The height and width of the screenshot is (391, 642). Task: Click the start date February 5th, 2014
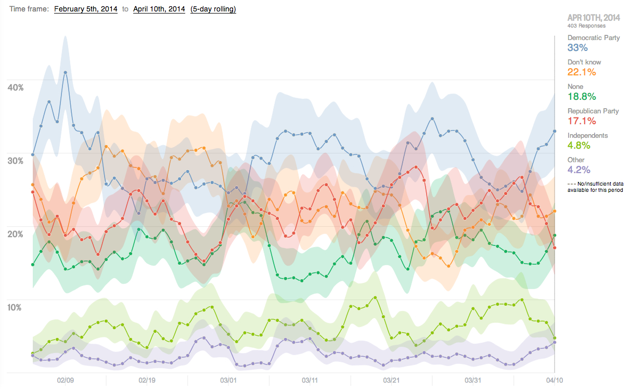[86, 9]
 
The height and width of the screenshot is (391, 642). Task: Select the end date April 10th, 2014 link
[159, 9]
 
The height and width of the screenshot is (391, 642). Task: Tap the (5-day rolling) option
[213, 9]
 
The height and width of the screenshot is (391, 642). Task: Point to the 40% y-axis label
[16, 87]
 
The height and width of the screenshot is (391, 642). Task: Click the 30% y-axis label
[16, 161]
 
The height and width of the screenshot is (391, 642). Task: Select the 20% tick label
[16, 234]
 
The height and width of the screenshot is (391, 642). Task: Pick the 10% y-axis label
[16, 307]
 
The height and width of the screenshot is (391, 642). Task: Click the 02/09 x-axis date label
[65, 380]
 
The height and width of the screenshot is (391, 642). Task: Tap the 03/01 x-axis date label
[229, 380]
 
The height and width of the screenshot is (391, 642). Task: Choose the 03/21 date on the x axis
[391, 380]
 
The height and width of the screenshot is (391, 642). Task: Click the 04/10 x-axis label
[554, 380]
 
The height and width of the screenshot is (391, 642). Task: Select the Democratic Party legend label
[594, 38]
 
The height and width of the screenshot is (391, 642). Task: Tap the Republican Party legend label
[593, 111]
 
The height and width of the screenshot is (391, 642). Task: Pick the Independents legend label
[587, 136]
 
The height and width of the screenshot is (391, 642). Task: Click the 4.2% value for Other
[578, 170]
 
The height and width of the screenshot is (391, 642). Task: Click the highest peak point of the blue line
[65, 73]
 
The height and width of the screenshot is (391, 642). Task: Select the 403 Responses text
[586, 25]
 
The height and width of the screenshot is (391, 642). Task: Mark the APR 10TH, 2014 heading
[594, 18]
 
